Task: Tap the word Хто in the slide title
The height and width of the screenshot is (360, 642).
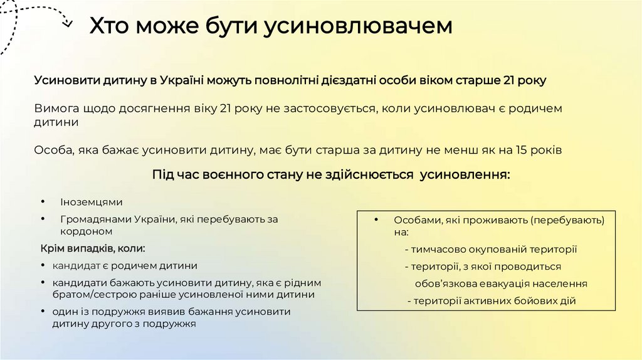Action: click(x=110, y=26)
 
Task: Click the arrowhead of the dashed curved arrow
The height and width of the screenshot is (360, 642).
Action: click(x=67, y=24)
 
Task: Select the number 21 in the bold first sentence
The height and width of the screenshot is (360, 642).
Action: click(x=510, y=80)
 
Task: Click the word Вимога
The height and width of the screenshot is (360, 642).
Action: click(x=58, y=109)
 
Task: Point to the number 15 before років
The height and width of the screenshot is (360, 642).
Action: click(x=521, y=151)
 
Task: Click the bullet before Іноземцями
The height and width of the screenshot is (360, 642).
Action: click(x=43, y=202)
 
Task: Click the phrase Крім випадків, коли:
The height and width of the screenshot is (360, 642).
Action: click(x=92, y=248)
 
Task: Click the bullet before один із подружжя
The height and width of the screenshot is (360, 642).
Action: click(x=42, y=312)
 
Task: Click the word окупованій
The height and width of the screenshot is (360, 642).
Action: click(x=478, y=249)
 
